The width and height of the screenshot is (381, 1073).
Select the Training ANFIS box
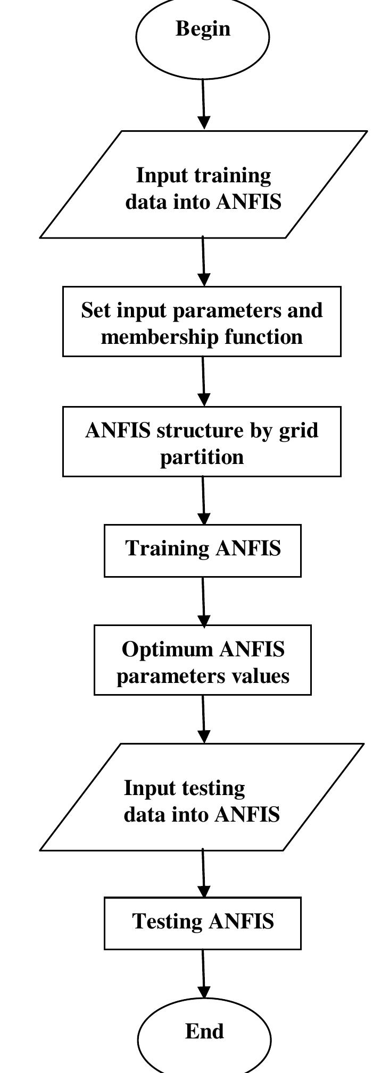tap(203, 550)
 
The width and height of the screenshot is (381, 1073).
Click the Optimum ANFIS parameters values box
tap(203, 660)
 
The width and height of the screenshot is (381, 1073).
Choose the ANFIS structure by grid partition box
tap(202, 441)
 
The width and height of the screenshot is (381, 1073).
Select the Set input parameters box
tap(202, 321)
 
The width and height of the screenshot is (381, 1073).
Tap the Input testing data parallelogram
tap(202, 797)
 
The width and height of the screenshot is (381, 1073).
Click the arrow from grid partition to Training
tap(203, 500)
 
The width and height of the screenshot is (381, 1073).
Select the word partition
tap(202, 457)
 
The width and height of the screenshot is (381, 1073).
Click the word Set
tap(96, 310)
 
